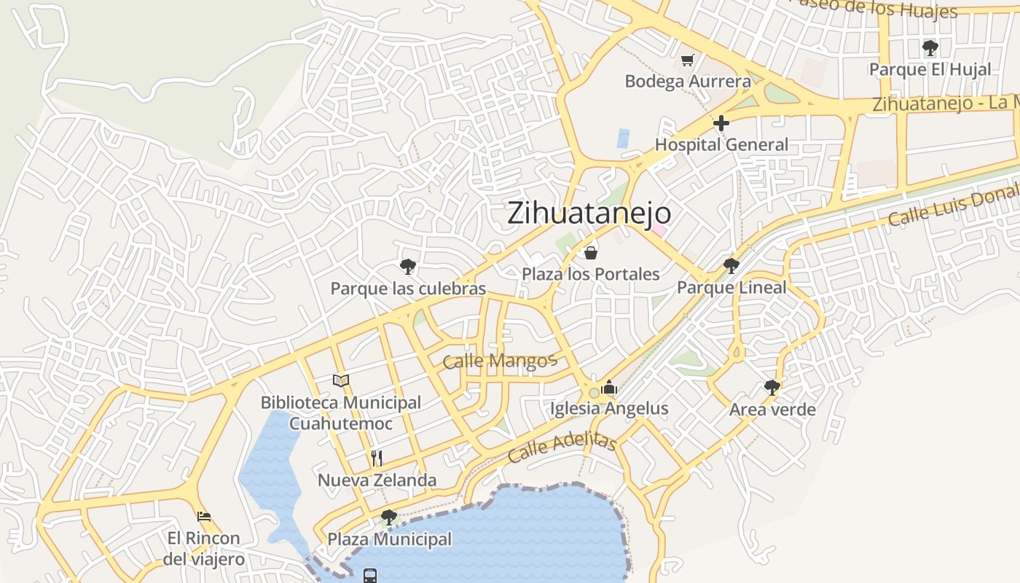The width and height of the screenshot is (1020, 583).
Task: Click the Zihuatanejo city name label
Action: (x=589, y=213)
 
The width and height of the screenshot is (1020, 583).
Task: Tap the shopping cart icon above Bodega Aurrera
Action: (x=687, y=60)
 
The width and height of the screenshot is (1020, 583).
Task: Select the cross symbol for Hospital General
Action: (x=721, y=123)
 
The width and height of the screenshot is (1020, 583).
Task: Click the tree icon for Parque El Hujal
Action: (x=930, y=49)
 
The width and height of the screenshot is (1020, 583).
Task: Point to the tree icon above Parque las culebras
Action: (x=408, y=267)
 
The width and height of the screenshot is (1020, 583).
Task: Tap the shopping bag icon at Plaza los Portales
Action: (x=591, y=253)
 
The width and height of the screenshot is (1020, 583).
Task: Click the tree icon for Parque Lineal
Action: (x=731, y=266)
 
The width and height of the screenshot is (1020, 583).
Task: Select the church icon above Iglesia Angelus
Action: (x=609, y=387)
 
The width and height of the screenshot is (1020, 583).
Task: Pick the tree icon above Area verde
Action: (x=772, y=387)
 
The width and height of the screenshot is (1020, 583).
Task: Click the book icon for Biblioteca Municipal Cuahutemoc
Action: (x=341, y=380)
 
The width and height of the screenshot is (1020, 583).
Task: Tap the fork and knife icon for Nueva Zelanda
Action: (x=377, y=458)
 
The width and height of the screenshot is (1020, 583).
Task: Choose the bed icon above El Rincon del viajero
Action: (x=204, y=517)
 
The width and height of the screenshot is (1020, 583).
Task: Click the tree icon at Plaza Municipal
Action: (x=389, y=517)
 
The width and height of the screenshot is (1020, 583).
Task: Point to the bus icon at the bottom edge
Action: (x=370, y=576)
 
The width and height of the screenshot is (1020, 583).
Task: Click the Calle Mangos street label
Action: (x=500, y=360)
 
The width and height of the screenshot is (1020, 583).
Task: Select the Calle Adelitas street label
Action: (x=562, y=446)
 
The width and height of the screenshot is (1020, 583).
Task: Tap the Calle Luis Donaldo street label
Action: (x=953, y=205)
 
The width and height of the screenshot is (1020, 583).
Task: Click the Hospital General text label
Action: (x=721, y=144)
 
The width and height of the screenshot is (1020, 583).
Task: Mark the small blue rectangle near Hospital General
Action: (x=623, y=138)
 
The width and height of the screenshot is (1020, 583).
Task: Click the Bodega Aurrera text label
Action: (x=687, y=81)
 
